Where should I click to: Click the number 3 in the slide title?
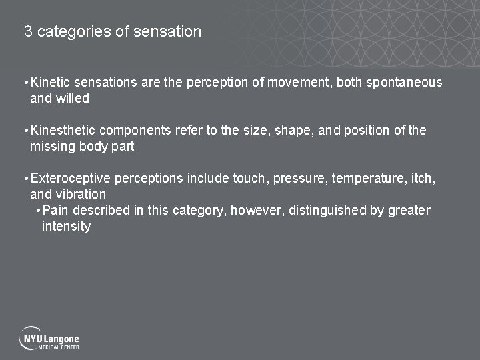(x=28, y=31)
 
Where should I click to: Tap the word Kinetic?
(x=51, y=82)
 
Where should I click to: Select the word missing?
(x=53, y=146)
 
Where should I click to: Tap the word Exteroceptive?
(x=71, y=178)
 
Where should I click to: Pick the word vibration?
(x=82, y=194)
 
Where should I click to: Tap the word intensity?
(x=66, y=226)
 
